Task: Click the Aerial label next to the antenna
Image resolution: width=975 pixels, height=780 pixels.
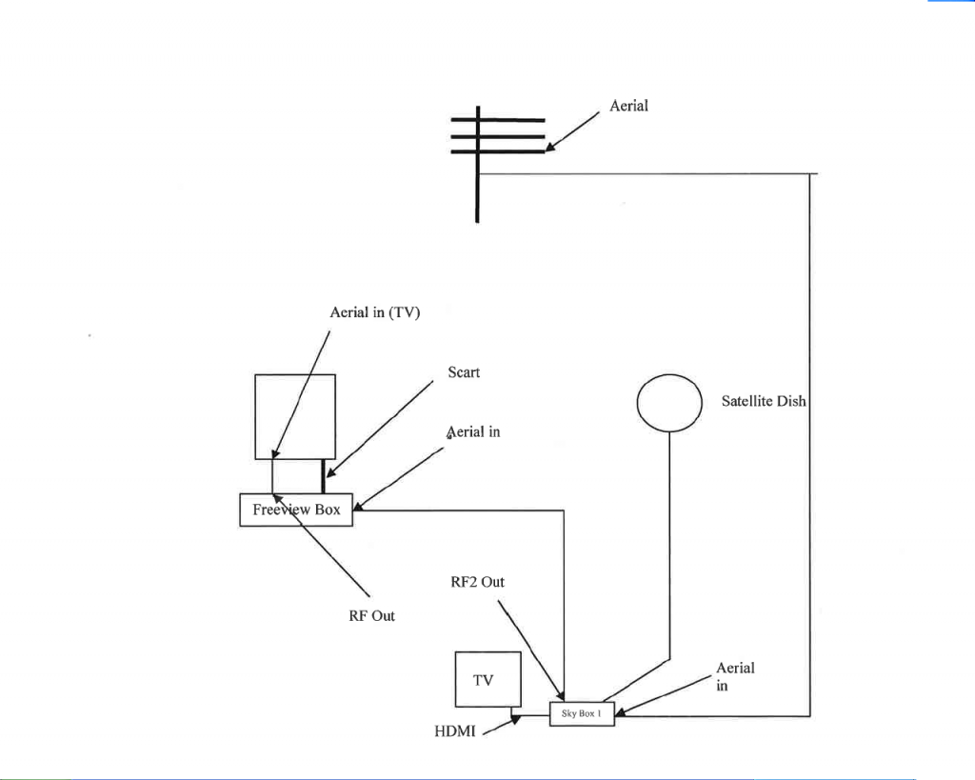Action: [628, 106]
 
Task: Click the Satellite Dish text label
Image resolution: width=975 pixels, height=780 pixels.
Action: [764, 402]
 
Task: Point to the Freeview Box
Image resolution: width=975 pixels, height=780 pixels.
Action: [296, 510]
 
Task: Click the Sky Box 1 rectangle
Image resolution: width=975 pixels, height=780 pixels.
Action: [582, 713]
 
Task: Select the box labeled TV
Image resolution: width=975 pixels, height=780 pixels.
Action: [487, 679]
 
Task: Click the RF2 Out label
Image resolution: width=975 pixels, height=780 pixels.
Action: [477, 581]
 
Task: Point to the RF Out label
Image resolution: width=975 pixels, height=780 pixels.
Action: [371, 616]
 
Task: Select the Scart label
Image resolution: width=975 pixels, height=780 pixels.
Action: [464, 372]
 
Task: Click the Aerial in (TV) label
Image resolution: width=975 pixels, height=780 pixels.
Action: [374, 312]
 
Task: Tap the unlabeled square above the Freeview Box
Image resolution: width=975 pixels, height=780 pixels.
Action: [295, 416]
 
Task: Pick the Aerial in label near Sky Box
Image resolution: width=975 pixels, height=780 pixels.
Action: [734, 676]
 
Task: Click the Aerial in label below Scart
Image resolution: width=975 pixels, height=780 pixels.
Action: [473, 431]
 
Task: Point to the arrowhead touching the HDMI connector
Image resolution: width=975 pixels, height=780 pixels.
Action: [517, 720]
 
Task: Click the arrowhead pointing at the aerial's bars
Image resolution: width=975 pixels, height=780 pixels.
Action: [551, 147]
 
